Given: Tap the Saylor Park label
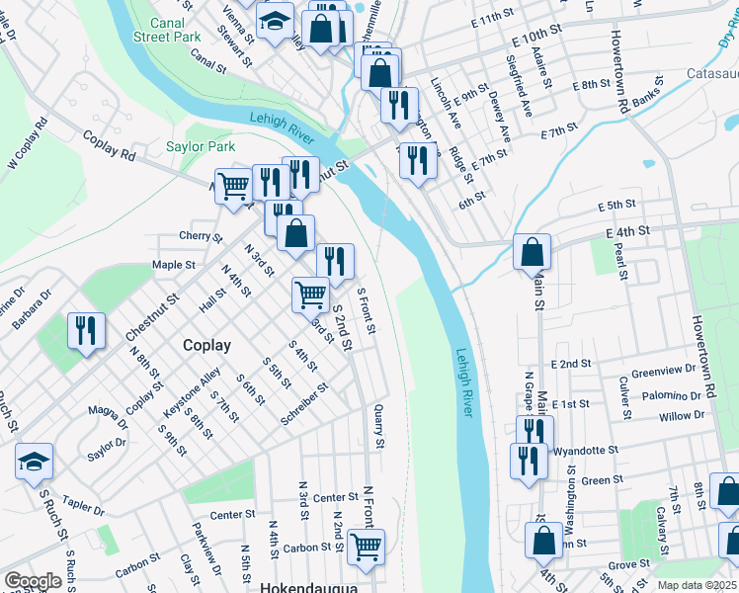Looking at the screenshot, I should (200, 146).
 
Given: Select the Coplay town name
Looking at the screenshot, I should (206, 345).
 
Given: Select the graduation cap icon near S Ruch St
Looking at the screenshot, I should (34, 462).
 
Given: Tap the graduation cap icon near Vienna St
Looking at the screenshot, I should (275, 20).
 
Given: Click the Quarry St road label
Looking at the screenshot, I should (377, 424).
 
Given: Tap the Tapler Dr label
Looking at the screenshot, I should (83, 506).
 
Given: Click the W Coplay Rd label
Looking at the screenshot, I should (28, 144).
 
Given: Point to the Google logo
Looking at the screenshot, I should (33, 581).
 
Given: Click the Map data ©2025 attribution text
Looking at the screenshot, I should (696, 586).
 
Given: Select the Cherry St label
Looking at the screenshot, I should (196, 235).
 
